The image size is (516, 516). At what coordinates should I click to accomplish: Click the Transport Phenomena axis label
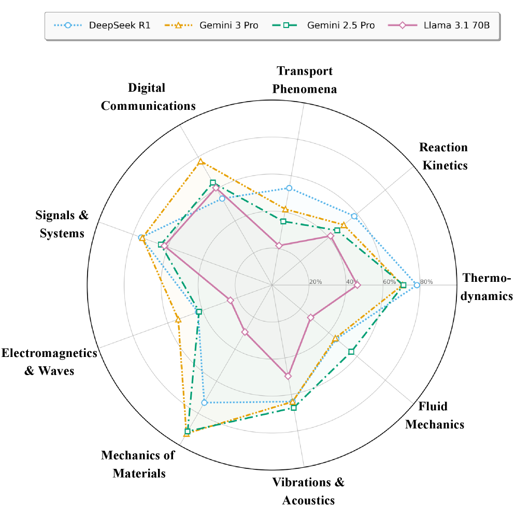(x=305, y=80)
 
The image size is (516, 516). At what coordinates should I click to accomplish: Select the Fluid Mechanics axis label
(x=434, y=415)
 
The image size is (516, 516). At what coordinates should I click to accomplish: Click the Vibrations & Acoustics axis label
(x=308, y=491)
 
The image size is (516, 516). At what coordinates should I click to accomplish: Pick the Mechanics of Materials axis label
(x=138, y=464)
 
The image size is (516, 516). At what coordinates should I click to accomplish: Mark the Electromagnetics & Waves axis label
(x=49, y=362)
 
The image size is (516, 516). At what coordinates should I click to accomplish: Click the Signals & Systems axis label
(x=62, y=224)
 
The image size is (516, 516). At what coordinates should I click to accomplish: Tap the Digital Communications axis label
(x=148, y=97)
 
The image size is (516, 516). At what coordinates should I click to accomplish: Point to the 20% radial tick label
(x=316, y=282)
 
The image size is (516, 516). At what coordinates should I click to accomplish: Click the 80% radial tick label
(x=426, y=282)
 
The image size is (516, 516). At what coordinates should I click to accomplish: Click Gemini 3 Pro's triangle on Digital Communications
(x=200, y=163)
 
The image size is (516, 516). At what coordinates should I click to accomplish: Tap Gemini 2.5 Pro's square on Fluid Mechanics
(x=351, y=352)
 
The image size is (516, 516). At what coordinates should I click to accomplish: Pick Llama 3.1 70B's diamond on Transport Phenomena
(x=279, y=246)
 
